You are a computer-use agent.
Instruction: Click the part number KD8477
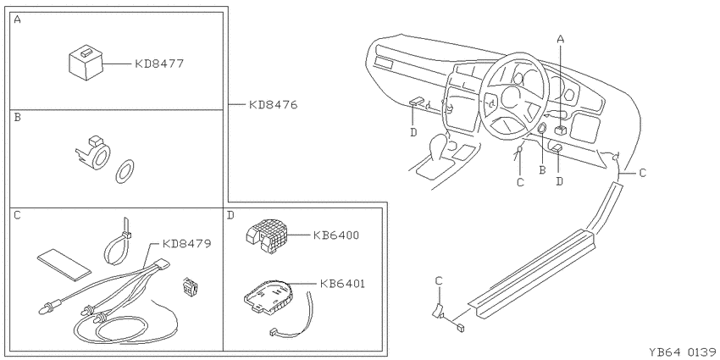(x=159, y=64)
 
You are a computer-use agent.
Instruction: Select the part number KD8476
(x=274, y=105)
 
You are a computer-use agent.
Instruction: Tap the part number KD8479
(x=187, y=243)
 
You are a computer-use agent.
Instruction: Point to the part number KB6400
(x=335, y=235)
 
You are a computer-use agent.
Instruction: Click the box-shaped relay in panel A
(x=86, y=63)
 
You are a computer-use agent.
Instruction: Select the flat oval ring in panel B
(x=125, y=172)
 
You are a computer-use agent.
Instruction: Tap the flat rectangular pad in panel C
(x=64, y=264)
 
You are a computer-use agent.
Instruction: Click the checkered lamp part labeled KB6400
(x=266, y=235)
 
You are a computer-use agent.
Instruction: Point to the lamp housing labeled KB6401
(x=269, y=297)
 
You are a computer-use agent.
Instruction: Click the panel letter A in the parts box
(x=18, y=19)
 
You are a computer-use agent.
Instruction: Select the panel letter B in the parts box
(x=18, y=118)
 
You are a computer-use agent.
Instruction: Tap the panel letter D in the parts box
(x=230, y=215)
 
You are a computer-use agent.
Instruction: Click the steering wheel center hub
(x=510, y=97)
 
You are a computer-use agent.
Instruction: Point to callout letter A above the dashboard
(x=560, y=39)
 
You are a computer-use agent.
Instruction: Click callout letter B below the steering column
(x=542, y=170)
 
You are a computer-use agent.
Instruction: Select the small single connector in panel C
(x=190, y=287)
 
